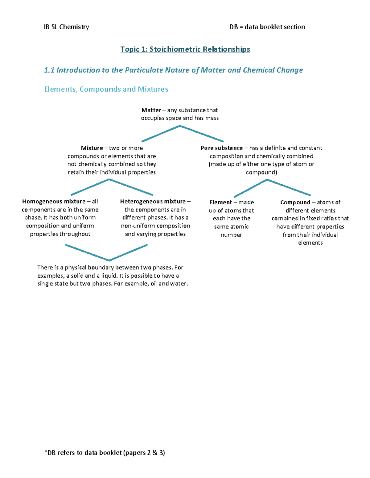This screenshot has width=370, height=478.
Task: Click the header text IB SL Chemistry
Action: [x=66, y=27]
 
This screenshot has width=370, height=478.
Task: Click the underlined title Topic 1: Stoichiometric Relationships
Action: [x=185, y=49]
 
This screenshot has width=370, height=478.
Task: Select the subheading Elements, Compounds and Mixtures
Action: [x=106, y=89]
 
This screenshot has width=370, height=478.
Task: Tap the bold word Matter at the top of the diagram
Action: [x=151, y=110]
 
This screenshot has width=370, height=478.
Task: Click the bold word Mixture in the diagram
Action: [x=92, y=148]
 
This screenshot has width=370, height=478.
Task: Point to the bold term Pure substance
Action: [x=221, y=148]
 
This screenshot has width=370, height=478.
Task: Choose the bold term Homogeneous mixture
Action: [x=54, y=202]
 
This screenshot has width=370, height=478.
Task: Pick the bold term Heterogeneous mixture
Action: [x=153, y=202]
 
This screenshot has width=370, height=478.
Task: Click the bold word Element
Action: [x=220, y=203]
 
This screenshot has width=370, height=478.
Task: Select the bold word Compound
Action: [x=295, y=203]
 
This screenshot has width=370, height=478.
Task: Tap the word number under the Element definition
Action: [x=231, y=235]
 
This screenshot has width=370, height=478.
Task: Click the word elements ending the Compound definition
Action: [x=310, y=243]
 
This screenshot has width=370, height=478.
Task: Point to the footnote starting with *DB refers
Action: [x=105, y=453]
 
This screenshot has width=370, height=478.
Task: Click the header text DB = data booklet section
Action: [x=267, y=27]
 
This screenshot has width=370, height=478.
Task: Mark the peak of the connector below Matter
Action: [x=180, y=126]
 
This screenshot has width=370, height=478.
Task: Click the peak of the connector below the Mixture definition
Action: [x=109, y=179]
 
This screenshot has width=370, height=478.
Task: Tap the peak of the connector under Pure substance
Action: [x=267, y=180]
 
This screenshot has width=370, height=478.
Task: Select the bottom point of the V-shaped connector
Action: [x=109, y=260]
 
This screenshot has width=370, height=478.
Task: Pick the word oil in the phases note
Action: [x=154, y=284]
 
